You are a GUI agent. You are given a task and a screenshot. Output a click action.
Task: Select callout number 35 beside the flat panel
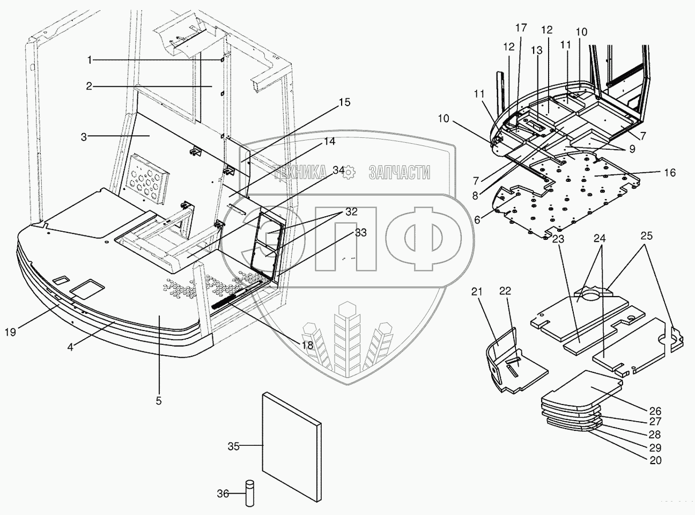(233, 445)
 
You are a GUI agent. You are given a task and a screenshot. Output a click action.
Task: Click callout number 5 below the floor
(159, 400)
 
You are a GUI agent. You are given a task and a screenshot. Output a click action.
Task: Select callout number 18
(307, 345)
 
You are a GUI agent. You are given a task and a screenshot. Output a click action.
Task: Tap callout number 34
(338, 170)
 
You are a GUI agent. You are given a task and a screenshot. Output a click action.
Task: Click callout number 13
(537, 50)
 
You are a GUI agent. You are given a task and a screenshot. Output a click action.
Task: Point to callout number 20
(654, 460)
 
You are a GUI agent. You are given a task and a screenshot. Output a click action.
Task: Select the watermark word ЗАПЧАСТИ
(400, 172)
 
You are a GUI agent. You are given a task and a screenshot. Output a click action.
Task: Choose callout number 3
(84, 137)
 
